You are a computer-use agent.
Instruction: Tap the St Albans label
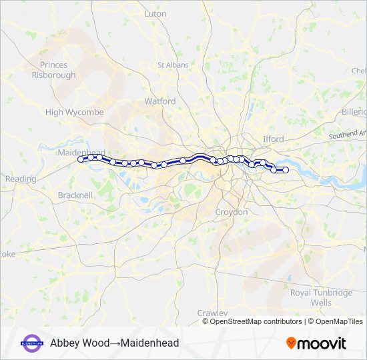169,65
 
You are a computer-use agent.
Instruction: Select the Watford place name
160,101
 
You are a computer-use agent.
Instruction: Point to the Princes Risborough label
53,70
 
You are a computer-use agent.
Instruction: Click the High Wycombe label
74,113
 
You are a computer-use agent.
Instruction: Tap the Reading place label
20,179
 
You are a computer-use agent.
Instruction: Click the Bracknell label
75,195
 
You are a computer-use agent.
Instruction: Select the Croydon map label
232,212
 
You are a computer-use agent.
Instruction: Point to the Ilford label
273,139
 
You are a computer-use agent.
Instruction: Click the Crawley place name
212,313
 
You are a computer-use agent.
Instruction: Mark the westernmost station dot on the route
81,159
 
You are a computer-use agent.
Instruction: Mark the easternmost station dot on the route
286,170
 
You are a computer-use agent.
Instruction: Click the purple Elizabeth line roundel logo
32,343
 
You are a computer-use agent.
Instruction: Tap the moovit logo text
322,343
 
